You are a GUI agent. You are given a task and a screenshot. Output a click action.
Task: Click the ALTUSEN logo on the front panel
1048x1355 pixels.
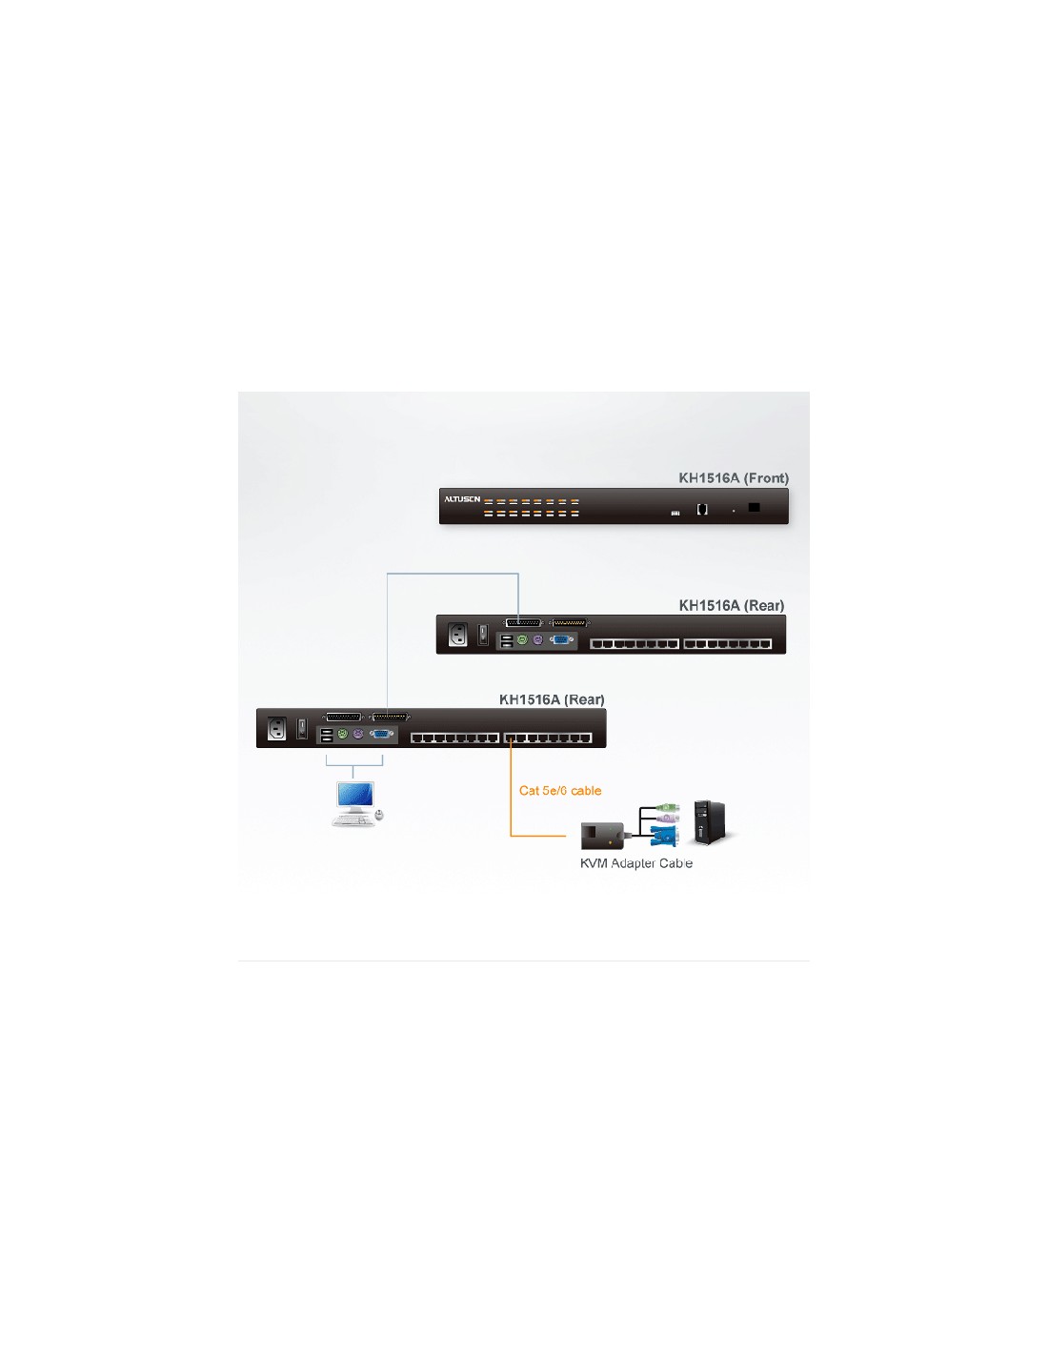(x=462, y=499)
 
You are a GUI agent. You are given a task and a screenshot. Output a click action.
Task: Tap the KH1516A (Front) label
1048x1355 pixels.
(x=734, y=478)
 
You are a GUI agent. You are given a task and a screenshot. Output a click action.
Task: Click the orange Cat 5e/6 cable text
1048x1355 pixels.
(x=560, y=791)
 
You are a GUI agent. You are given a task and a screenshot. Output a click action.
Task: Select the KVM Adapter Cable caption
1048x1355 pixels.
(x=635, y=863)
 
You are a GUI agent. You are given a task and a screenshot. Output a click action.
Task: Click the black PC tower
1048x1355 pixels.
(x=711, y=822)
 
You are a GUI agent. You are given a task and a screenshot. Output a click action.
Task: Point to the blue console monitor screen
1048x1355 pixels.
(x=355, y=795)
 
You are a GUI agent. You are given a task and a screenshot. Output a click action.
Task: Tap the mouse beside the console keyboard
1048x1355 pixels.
(x=379, y=814)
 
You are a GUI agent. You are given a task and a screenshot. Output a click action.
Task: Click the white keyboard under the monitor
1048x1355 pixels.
(x=353, y=820)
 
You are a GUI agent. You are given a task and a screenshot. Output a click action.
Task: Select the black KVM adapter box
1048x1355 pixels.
(x=602, y=836)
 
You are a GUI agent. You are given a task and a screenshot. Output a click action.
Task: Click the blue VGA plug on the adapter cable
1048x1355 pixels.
(x=663, y=836)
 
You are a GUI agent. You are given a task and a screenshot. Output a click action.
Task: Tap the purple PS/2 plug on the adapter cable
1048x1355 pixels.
(x=667, y=819)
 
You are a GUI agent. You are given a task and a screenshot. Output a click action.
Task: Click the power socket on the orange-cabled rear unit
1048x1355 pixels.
(x=277, y=729)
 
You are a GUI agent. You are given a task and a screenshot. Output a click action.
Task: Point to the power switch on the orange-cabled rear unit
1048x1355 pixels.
(x=302, y=729)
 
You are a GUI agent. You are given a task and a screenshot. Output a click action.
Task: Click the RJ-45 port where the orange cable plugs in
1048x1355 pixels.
(x=511, y=738)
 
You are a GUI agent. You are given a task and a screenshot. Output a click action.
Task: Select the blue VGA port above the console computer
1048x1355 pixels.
(x=381, y=734)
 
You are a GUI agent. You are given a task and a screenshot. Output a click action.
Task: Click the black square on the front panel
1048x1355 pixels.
(x=754, y=507)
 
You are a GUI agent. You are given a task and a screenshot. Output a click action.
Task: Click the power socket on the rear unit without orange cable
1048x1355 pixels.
(x=457, y=635)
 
